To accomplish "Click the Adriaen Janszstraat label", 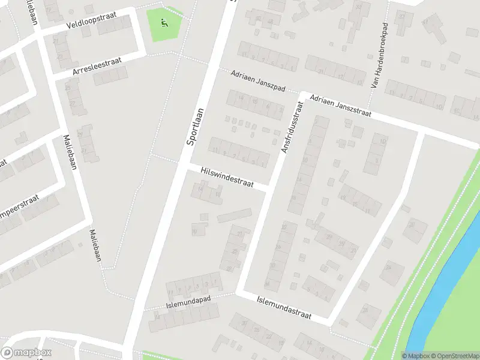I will coord(341,105).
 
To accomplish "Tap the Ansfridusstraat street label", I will coord(292,126).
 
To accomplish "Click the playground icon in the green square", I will coord(164,24).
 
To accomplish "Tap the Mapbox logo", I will coord(26,352).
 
